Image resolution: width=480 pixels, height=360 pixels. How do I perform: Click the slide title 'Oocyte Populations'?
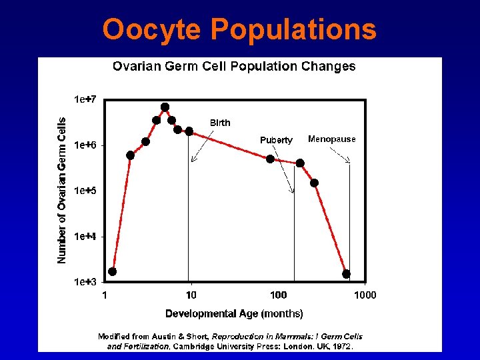239,30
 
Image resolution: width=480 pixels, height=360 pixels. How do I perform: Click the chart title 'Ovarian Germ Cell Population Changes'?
234,66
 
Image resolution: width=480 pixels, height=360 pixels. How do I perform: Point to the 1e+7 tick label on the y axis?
85,99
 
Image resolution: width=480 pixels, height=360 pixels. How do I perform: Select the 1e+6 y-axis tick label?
85,145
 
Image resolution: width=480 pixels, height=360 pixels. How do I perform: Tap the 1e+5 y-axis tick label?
85,191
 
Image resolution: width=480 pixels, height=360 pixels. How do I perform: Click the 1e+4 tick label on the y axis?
85,236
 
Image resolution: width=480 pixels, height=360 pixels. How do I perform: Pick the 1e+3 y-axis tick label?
85,282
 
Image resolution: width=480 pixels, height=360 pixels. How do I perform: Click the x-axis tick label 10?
191,295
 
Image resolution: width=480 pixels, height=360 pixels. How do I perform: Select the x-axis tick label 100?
279,295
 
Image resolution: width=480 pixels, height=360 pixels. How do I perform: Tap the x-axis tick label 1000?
364,295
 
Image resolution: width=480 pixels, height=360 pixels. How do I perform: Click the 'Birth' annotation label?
220,123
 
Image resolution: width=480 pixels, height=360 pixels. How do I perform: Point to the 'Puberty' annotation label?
276,140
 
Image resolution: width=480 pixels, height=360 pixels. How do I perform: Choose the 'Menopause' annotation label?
332,139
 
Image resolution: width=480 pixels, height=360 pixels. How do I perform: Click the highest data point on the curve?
165,107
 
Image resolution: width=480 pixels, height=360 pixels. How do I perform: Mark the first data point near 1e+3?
113,271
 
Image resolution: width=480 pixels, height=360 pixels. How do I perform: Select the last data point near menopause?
346,274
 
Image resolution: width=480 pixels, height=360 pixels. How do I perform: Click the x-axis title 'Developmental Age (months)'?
234,313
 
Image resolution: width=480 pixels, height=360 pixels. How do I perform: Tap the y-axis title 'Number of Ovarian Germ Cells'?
62,190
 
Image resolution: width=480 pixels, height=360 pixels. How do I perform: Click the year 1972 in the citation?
341,346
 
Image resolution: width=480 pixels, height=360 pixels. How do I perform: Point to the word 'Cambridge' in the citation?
194,346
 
